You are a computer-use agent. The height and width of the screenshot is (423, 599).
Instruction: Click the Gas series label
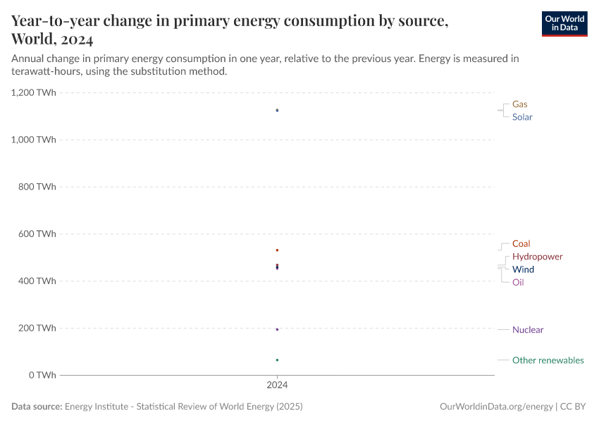point(519,104)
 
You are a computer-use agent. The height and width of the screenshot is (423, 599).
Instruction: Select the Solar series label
point(522,117)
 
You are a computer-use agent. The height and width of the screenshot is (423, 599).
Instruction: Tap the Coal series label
point(521,244)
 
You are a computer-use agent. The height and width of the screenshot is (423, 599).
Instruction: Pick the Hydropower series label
point(537,257)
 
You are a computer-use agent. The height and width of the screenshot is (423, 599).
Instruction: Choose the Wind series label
point(523,269)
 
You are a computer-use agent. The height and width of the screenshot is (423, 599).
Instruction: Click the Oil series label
point(518,282)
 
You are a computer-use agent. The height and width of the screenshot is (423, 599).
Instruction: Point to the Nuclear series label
point(528,330)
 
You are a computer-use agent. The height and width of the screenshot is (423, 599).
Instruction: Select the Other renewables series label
point(548,360)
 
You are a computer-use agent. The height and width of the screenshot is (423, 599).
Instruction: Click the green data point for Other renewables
point(277,360)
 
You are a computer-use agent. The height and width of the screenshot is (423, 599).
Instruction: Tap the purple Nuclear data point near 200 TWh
point(277,329)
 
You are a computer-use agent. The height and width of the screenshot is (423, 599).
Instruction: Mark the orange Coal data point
point(277,250)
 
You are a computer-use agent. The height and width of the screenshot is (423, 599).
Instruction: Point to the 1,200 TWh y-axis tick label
point(34,92)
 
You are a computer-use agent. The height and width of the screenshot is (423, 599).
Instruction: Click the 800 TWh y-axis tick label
point(37,187)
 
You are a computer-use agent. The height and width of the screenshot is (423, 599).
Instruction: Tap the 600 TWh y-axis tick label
point(37,233)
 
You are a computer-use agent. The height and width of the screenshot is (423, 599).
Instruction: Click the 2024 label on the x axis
point(277,386)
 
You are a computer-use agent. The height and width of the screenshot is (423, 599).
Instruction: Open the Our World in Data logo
point(564,23)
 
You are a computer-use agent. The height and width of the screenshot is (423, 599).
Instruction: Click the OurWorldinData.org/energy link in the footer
point(495,407)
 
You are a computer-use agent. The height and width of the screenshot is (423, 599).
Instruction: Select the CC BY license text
point(574,407)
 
